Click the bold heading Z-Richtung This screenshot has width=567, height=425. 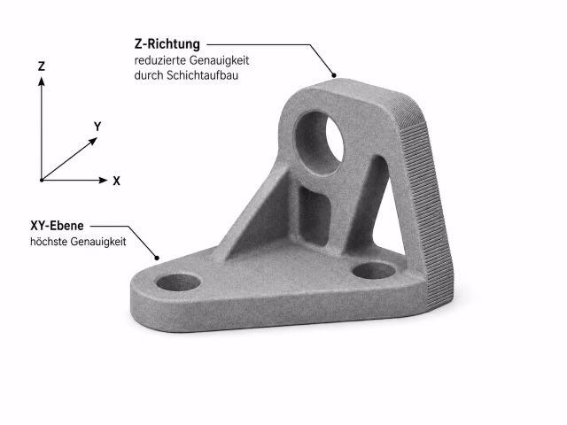[x=167, y=44]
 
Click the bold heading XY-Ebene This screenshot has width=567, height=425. [x=57, y=226]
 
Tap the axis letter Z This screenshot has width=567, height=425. [x=42, y=66]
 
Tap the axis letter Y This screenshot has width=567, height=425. [x=97, y=127]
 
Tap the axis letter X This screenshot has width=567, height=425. [x=116, y=181]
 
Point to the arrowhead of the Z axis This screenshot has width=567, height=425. [x=42, y=81]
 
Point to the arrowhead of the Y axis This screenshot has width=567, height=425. [x=93, y=141]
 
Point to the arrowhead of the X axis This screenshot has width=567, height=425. [x=104, y=180]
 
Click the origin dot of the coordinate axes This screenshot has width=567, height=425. [x=42, y=180]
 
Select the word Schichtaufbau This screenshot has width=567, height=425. [x=202, y=75]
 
